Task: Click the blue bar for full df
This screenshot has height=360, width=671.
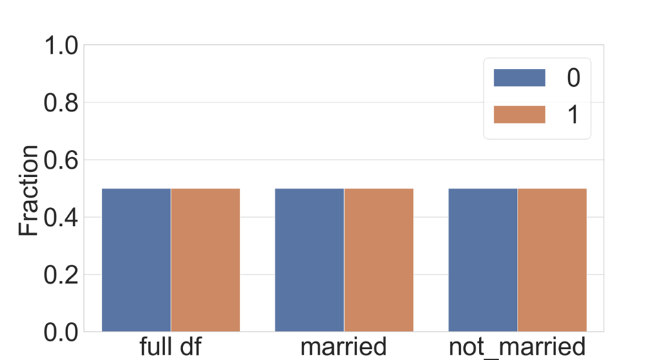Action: click(136, 260)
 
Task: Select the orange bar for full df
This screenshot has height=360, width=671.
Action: click(206, 260)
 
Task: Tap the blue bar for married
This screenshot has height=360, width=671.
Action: click(310, 260)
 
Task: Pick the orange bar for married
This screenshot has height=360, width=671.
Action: click(379, 260)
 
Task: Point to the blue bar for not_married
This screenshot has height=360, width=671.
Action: click(483, 260)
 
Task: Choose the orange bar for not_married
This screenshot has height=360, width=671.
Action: click(552, 260)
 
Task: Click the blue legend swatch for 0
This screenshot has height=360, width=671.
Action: click(520, 78)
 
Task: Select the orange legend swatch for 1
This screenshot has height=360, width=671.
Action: click(520, 114)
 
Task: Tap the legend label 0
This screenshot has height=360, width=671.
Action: click(573, 78)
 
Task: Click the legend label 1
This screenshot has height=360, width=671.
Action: click(573, 115)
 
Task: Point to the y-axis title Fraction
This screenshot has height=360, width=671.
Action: click(28, 190)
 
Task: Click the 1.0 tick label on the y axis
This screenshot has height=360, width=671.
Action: click(61, 46)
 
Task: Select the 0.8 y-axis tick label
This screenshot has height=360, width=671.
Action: click(61, 103)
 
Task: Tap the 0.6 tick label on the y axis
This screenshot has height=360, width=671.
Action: click(61, 160)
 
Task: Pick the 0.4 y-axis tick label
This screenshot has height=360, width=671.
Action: click(61, 218)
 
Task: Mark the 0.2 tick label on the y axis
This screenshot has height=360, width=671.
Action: click(61, 275)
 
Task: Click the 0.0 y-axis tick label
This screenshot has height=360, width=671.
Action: click(61, 332)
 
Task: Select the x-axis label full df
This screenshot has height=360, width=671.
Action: click(171, 346)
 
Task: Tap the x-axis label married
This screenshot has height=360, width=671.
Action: click(344, 346)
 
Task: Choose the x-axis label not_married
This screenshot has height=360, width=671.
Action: click(518, 346)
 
